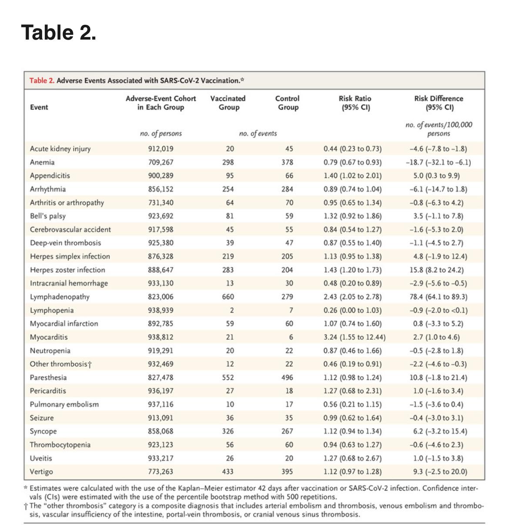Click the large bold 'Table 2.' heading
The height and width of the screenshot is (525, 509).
(59, 33)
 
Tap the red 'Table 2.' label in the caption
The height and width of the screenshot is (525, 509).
(42, 80)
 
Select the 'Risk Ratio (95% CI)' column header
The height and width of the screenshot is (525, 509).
(355, 103)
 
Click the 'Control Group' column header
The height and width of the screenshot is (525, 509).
(288, 103)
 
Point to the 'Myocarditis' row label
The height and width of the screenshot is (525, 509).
(49, 337)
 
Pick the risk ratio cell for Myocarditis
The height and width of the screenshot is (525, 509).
(355, 337)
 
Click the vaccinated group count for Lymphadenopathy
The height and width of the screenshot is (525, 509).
(228, 297)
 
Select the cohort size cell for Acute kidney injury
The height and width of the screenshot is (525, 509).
(161, 149)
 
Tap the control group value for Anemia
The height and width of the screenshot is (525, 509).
(287, 162)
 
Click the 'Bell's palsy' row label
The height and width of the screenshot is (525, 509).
(48, 216)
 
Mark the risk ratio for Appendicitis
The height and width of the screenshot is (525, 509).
(353, 176)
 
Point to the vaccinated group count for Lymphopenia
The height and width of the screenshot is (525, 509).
(231, 310)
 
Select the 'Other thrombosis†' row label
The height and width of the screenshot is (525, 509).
(61, 364)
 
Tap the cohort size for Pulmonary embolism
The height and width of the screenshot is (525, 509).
(161, 405)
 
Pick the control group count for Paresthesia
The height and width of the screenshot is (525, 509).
(287, 378)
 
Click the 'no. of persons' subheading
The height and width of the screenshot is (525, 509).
(161, 134)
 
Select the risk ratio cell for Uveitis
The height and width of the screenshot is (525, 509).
(353, 458)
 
